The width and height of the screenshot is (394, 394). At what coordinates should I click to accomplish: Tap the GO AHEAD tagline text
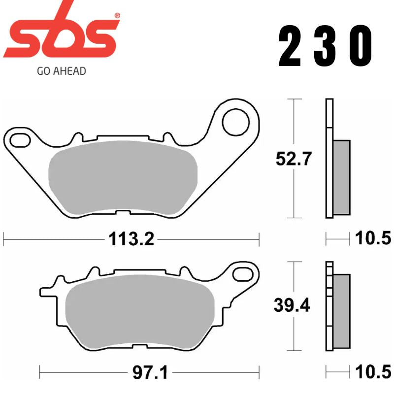(x=62, y=71)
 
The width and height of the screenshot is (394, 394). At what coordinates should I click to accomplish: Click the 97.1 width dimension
(x=150, y=373)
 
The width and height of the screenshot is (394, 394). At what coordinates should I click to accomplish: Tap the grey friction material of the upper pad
(x=123, y=177)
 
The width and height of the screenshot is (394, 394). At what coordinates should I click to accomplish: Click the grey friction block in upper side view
(x=342, y=177)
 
